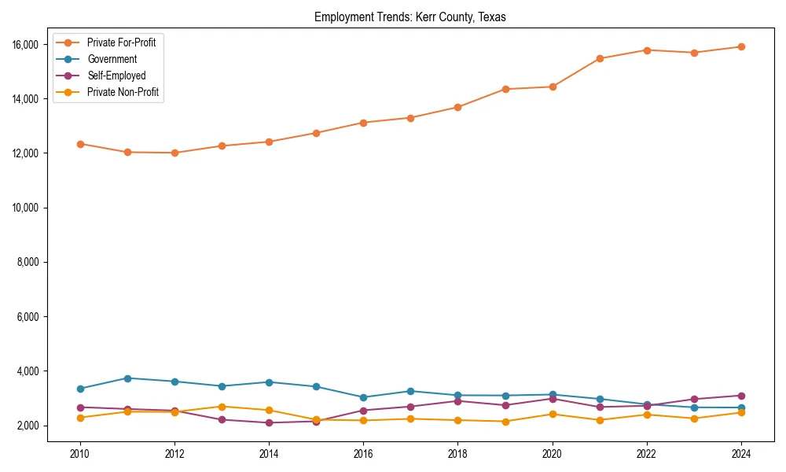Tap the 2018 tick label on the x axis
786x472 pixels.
pos(457,453)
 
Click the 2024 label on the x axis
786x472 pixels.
pos(740,453)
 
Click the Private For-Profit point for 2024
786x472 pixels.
pos(740,46)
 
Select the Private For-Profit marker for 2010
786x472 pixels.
pos(80,144)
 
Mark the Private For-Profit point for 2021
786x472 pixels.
pos(599,58)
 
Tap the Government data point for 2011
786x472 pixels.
pos(127,378)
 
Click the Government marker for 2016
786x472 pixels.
pos(363,397)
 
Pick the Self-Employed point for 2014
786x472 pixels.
pos(269,422)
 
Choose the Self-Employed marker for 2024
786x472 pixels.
pos(740,396)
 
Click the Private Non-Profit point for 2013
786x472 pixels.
pos(222,407)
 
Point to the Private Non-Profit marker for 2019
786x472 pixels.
pos(505,422)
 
